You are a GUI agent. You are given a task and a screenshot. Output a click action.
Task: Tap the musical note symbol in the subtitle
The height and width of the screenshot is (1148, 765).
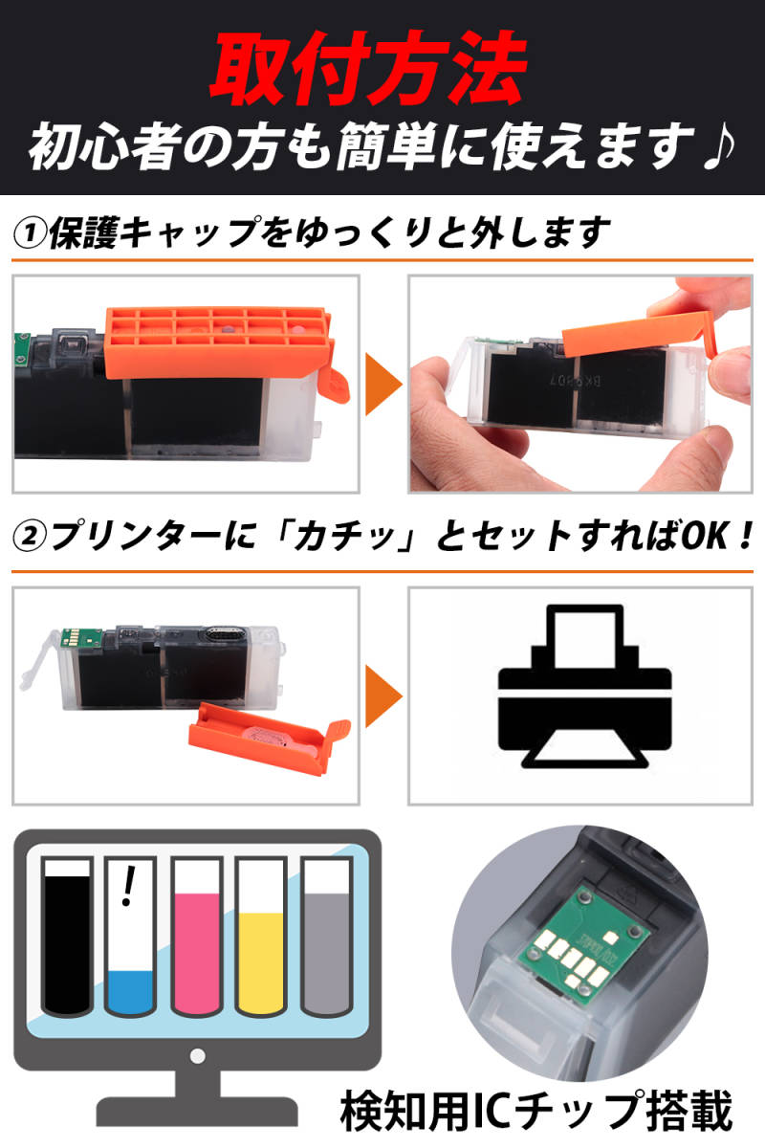coord(718,147)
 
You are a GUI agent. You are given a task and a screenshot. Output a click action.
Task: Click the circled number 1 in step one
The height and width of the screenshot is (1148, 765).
coord(30,234)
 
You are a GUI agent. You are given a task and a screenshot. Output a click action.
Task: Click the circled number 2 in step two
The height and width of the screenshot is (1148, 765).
coord(30,537)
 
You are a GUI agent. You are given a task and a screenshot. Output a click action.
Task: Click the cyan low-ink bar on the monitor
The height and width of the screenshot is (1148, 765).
coord(131,992)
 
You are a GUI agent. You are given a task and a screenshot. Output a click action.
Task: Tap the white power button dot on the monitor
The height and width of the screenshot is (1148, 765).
coord(197,1056)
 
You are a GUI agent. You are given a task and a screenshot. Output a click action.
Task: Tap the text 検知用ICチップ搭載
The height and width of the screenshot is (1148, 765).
coord(536,1110)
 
